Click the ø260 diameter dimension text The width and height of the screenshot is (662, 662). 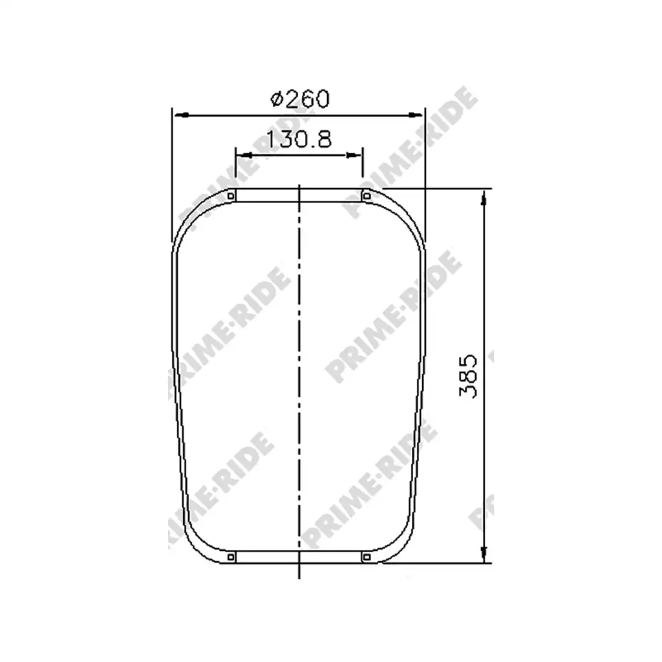(x=300, y=99)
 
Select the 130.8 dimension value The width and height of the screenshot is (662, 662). (x=299, y=139)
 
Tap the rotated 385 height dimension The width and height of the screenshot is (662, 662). (x=468, y=376)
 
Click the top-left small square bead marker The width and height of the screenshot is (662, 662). (x=231, y=196)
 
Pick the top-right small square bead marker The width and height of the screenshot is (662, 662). (x=367, y=196)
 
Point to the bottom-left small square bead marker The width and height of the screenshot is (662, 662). (x=231, y=557)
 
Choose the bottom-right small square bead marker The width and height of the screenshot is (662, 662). (x=367, y=557)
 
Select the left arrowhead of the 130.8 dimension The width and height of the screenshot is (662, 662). (x=244, y=155)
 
